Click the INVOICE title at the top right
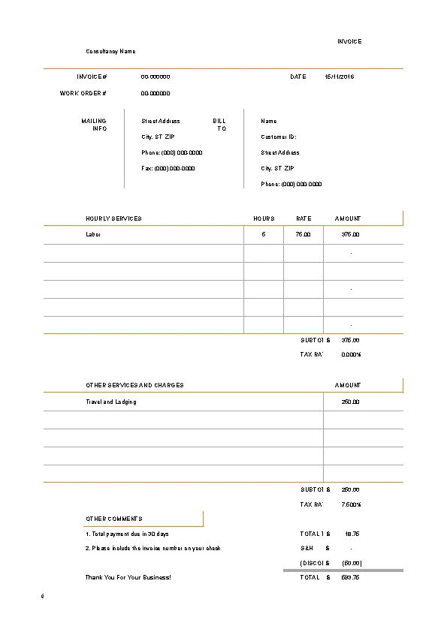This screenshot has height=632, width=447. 349,42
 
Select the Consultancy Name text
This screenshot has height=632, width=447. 110,51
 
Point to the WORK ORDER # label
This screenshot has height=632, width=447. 83,94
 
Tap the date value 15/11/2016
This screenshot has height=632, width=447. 340,77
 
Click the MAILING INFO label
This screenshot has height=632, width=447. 95,125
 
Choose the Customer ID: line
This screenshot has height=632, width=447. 279,137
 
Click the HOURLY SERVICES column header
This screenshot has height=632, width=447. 113,218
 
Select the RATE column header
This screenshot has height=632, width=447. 304,218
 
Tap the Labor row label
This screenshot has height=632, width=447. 93,235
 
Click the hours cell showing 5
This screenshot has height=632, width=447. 264,235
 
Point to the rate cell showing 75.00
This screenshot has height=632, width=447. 304,235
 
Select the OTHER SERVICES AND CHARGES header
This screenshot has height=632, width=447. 134,385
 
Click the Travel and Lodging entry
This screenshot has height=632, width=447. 111,402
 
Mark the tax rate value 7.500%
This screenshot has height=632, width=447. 351,504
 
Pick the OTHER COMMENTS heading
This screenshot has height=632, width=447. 114,519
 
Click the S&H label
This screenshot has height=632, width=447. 307,549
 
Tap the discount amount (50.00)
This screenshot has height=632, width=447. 352,563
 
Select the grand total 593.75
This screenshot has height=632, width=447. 350,578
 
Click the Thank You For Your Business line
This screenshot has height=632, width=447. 128,578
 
